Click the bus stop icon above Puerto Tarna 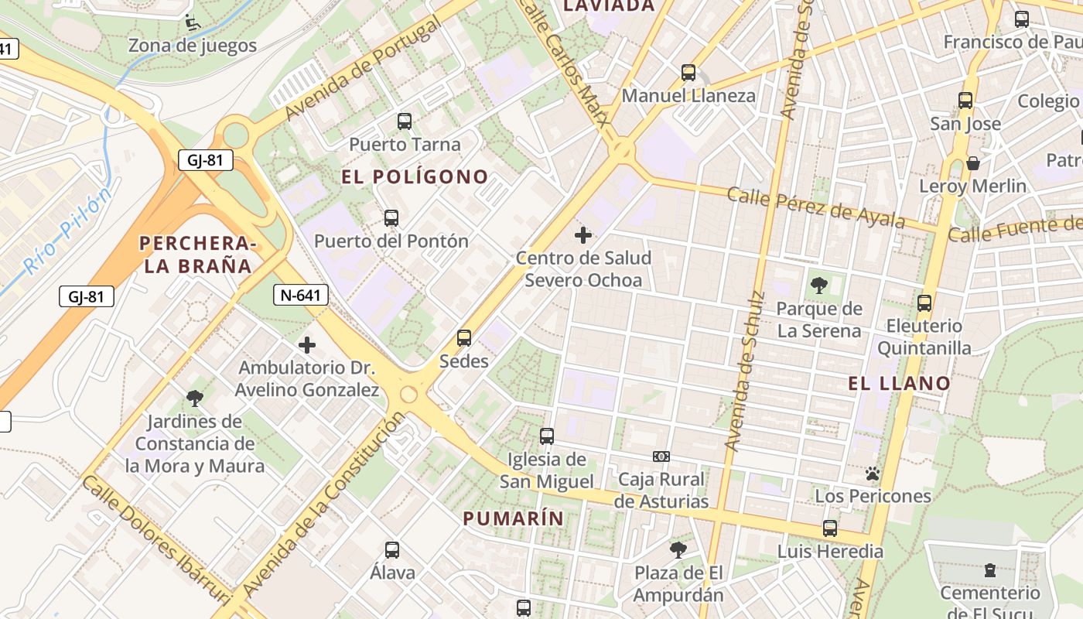click(x=404, y=121)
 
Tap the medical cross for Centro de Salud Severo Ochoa click(x=583, y=234)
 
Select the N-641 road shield click(x=301, y=294)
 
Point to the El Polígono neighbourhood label click(x=415, y=176)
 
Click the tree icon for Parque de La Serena click(x=818, y=286)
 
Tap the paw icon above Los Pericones click(x=873, y=473)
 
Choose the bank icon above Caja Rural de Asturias click(x=661, y=457)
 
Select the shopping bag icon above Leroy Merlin click(x=973, y=163)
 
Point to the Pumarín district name click(x=514, y=518)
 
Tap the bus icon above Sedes click(x=464, y=338)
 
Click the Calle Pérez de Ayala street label click(x=815, y=207)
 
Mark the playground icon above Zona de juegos click(x=192, y=23)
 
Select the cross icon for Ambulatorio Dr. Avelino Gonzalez click(x=307, y=345)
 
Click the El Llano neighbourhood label click(x=899, y=383)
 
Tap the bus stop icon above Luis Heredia click(x=830, y=528)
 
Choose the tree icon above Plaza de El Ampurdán click(x=678, y=550)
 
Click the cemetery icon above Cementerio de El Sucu click(x=990, y=571)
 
